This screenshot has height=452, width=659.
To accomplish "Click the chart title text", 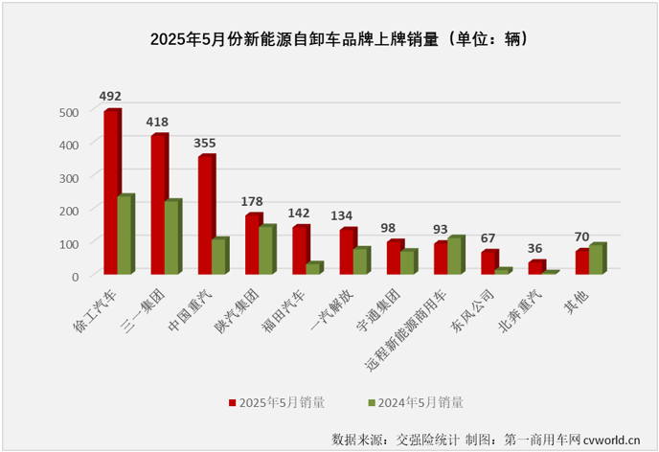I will coord(329,40).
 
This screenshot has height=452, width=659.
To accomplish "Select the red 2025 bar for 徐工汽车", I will coord(111,192).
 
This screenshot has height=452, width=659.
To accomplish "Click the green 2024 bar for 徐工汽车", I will coord(125,235).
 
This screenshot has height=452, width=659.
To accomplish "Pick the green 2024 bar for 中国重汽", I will coord(218,257).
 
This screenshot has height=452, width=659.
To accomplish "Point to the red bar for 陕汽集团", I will coord(252,244).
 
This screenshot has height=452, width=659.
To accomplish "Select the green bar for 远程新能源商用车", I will coord(454,256).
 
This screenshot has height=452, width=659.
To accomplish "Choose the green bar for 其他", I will coord(596,260).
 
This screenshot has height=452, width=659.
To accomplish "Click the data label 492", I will coord(111,96).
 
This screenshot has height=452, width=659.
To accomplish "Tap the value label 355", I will coord(205,142).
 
